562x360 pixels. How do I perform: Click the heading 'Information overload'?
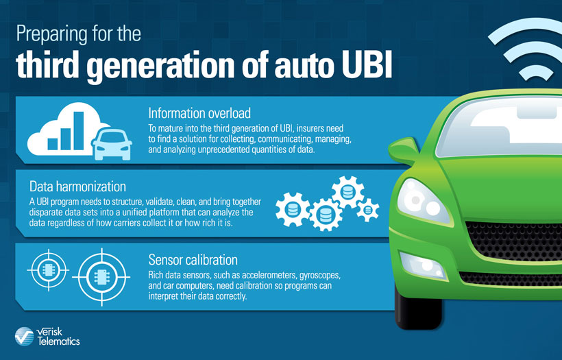point(199,113)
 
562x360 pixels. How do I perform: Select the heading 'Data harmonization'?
point(77,187)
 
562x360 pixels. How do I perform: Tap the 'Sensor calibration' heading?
point(193,260)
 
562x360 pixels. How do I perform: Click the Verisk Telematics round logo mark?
point(24,336)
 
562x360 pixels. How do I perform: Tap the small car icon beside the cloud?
point(112,145)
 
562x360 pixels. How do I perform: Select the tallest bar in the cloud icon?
point(79,131)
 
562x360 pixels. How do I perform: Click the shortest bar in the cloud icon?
point(53,144)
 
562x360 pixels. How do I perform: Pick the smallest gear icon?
point(368,210)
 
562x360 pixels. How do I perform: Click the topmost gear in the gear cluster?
point(347,192)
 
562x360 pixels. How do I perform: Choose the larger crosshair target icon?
point(101,277)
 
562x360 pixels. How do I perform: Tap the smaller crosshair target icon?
point(48,270)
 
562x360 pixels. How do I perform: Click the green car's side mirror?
point(404,150)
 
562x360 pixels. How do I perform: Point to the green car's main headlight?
point(423,201)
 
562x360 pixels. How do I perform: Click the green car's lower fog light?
point(423,265)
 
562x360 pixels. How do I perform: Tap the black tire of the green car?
point(418,308)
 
